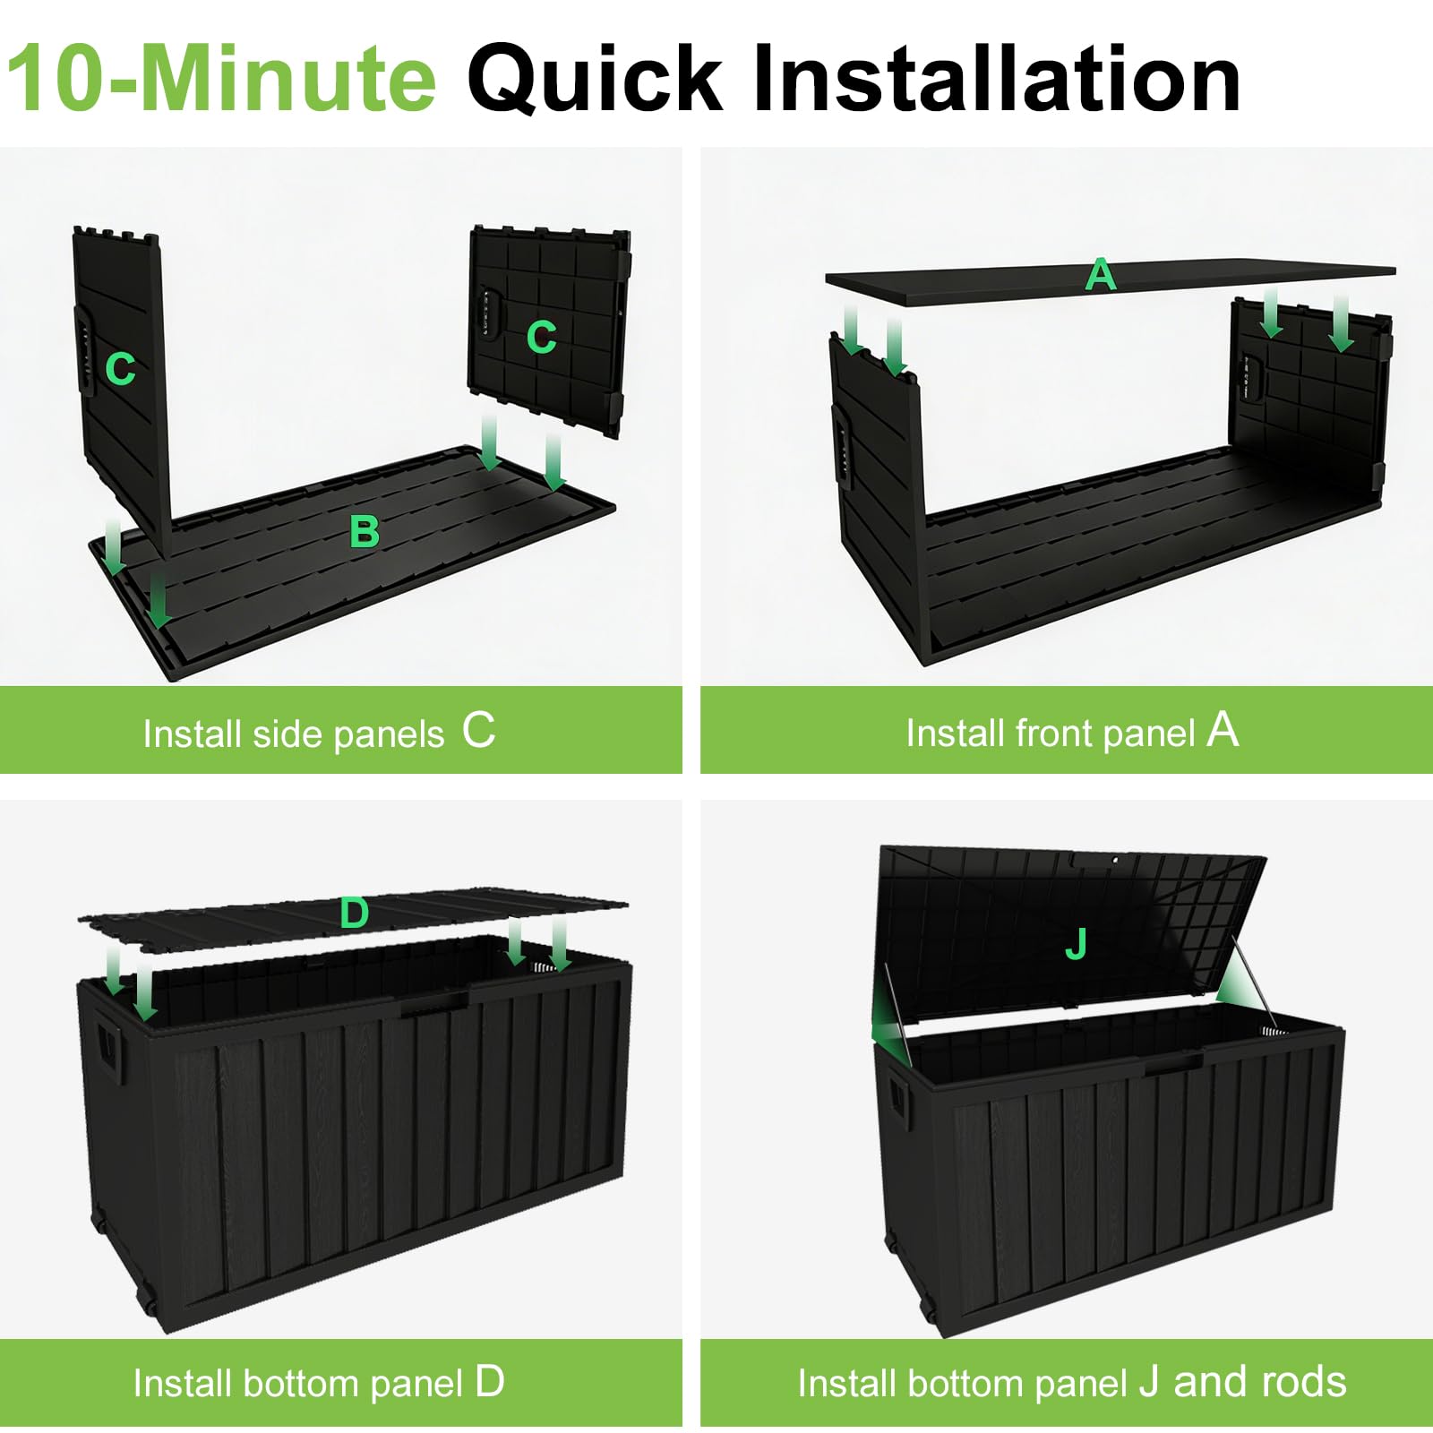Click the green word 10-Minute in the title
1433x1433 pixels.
pos(221,79)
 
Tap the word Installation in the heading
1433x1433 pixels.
pos(997,79)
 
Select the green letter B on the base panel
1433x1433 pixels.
pos(365,532)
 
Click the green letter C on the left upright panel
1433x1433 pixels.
pos(120,368)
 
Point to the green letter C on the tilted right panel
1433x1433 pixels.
pos(541,338)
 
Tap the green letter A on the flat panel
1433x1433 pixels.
pos(1101,274)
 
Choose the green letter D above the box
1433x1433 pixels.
pos(355,914)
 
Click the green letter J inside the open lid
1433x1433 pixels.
pos(1076,944)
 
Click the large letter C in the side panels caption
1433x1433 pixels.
pos(478,730)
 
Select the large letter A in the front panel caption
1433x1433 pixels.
pos(1223,729)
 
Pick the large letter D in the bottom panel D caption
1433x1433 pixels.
pos(490,1381)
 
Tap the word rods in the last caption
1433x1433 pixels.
pos(1305,1381)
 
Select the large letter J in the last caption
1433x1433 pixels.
pos(1150,1383)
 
